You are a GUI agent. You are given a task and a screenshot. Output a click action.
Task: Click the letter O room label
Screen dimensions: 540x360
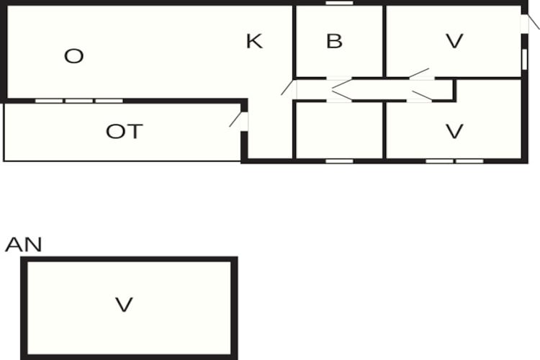[x=73, y=56]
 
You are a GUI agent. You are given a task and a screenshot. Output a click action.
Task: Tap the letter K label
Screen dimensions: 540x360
[x=254, y=41]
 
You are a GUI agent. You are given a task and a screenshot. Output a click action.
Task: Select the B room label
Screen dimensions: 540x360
[x=334, y=41]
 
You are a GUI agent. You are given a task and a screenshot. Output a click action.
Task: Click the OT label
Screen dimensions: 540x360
[x=125, y=131]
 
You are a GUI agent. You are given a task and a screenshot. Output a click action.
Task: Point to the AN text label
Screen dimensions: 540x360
[x=24, y=245]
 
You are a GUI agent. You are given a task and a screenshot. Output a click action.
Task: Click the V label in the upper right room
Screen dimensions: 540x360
[x=454, y=41]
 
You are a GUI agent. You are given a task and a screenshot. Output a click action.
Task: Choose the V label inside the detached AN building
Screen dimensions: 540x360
[x=124, y=305]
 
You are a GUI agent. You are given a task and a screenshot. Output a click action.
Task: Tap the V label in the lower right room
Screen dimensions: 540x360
[x=454, y=131]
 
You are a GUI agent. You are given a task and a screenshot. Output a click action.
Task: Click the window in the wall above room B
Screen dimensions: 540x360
[x=340, y=3]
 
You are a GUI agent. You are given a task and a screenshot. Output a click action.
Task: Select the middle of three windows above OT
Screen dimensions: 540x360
[x=79, y=101]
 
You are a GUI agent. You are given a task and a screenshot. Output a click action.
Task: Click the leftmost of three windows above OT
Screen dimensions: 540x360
[x=49, y=101]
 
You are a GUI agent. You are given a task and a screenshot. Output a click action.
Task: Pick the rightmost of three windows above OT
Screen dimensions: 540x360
[x=109, y=101]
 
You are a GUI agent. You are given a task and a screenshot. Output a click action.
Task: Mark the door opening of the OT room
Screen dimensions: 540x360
[x=244, y=121]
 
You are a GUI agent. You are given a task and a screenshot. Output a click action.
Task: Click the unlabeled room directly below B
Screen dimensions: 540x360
[x=339, y=130]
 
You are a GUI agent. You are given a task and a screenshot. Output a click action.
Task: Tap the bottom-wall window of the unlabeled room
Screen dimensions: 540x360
[x=340, y=161]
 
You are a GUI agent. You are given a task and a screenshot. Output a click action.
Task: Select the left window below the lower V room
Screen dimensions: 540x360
[x=439, y=161]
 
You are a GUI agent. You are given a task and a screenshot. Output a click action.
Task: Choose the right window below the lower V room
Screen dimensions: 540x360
[x=469, y=161]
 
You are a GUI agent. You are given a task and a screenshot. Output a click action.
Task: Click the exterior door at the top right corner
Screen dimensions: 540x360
[x=524, y=24]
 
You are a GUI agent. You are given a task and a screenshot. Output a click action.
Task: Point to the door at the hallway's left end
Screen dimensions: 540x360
[x=294, y=90]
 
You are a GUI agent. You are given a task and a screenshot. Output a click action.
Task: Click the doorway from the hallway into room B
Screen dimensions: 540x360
[x=339, y=78]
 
